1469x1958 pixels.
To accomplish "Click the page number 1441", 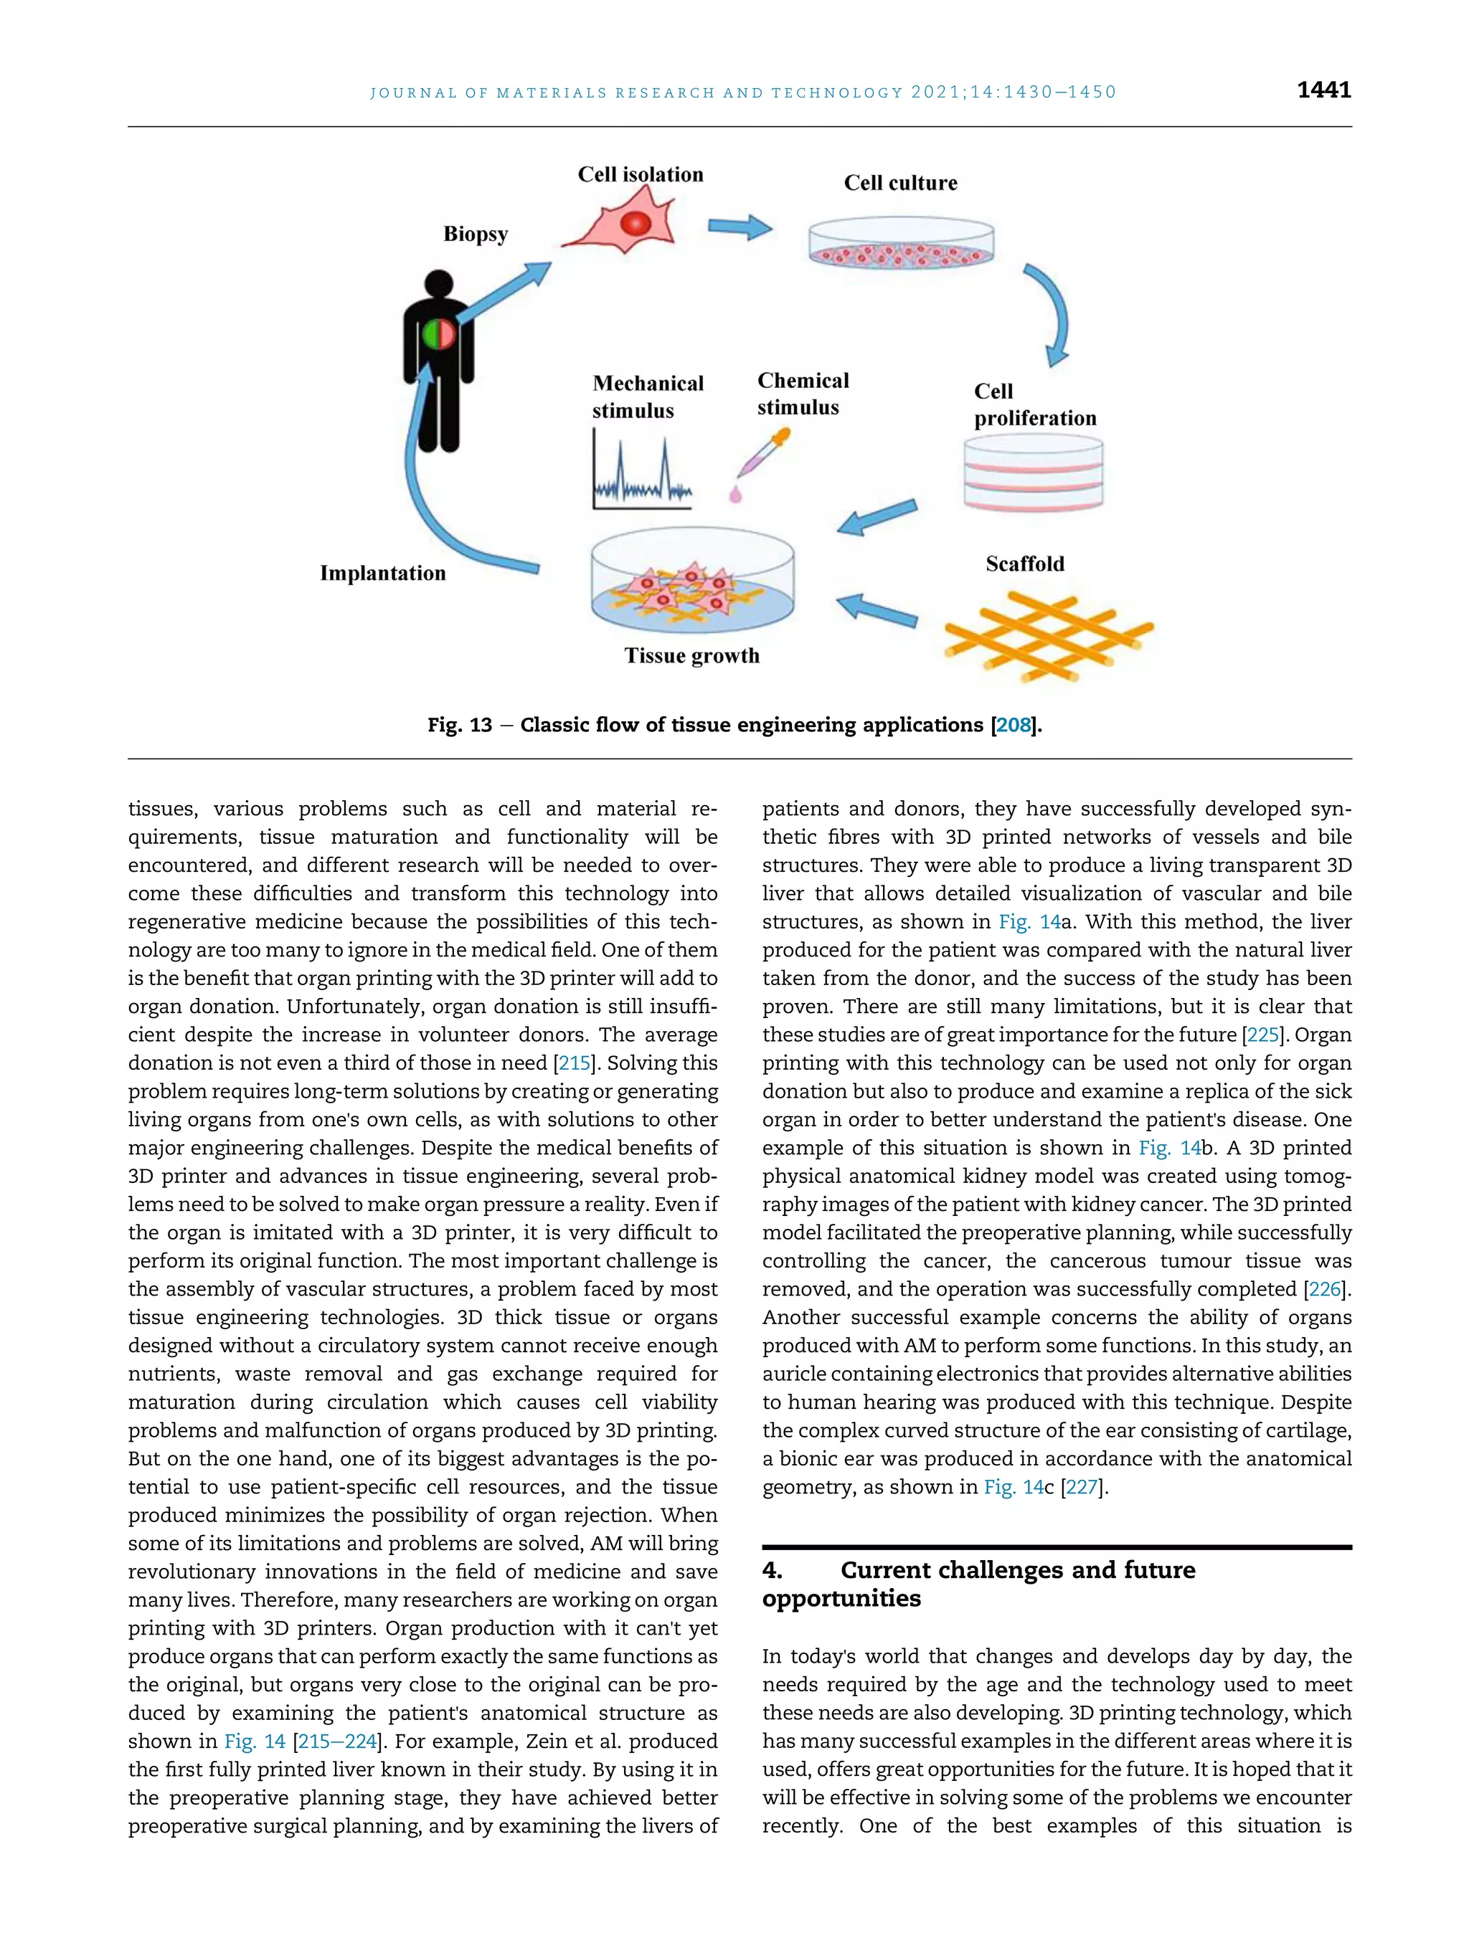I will [x=1323, y=90].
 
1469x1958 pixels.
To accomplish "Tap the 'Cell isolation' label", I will [x=641, y=174].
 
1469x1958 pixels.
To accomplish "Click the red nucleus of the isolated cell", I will [x=635, y=223].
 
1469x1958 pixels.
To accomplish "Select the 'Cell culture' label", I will [x=899, y=184].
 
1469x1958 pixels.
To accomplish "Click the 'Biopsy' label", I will [x=476, y=234].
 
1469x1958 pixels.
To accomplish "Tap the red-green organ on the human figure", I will [x=438, y=335].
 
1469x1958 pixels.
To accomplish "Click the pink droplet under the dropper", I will [x=735, y=495].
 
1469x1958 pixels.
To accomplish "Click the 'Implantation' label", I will [x=382, y=574].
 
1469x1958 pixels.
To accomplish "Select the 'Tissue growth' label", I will [x=691, y=656].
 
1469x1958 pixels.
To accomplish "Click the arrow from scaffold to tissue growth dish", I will [x=876, y=610].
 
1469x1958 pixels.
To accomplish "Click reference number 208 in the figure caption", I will [x=1013, y=725].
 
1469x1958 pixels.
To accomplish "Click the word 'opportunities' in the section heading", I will [x=841, y=1599].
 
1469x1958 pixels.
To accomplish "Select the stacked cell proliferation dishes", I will [x=1032, y=475].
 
